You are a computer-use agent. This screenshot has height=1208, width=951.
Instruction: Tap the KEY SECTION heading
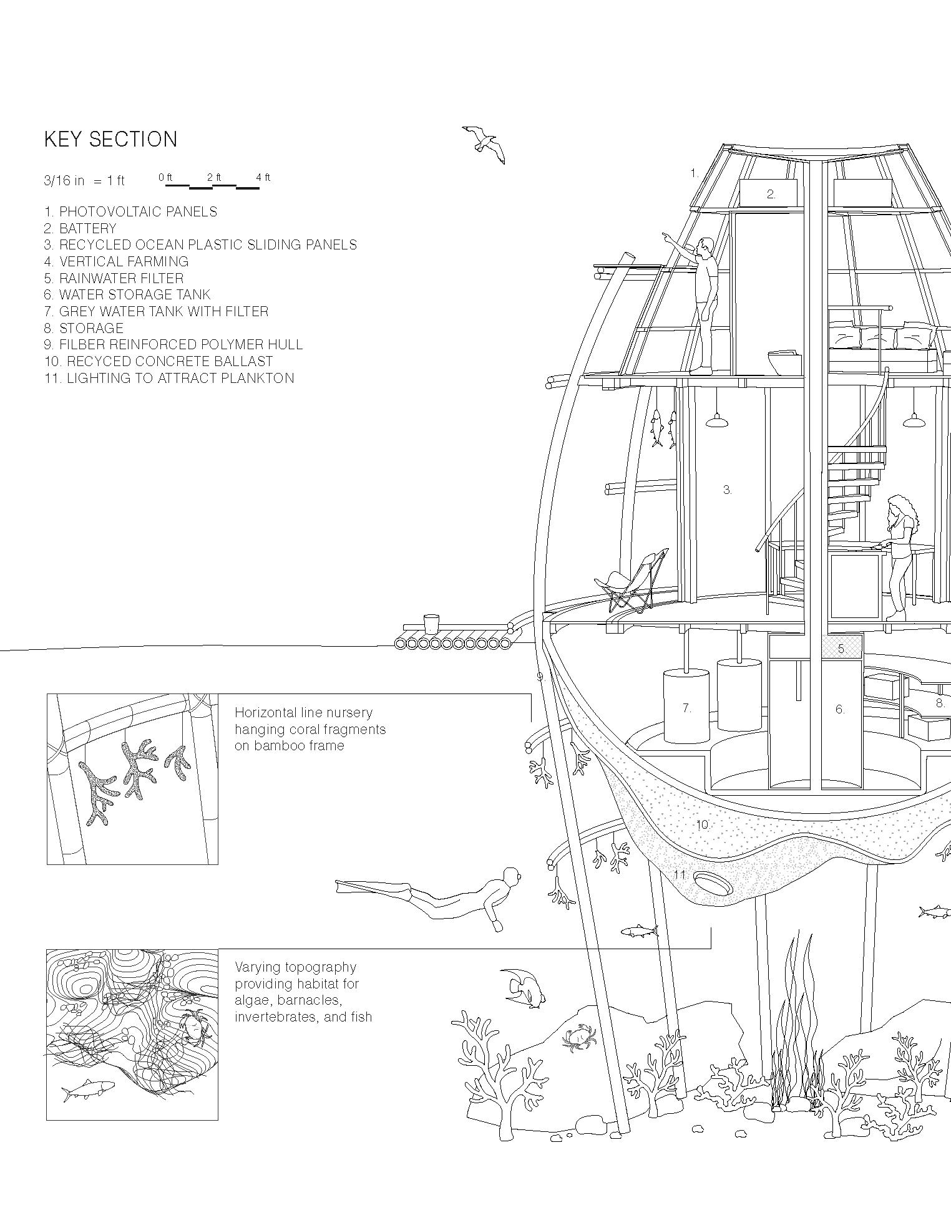click(110, 139)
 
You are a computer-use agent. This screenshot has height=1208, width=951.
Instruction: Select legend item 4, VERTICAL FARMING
click(117, 261)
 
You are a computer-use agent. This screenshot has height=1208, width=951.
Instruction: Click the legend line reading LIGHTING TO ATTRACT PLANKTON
click(169, 378)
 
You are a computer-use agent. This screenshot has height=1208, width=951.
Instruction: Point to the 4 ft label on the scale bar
click(263, 178)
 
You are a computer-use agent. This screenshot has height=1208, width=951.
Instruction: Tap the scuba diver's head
click(511, 876)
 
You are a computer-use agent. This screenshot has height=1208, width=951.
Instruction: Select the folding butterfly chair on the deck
click(630, 581)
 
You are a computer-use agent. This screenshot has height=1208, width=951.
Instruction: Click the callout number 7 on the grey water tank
click(686, 708)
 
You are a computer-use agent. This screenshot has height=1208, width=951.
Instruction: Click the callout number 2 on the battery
click(771, 194)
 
